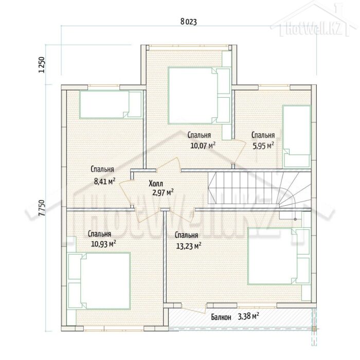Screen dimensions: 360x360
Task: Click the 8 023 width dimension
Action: [189, 22]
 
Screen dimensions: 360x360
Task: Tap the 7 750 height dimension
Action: [42, 208]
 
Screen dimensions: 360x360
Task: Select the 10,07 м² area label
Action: [203, 146]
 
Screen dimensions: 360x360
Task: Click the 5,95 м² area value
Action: [263, 146]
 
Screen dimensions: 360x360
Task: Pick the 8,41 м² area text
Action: [105, 182]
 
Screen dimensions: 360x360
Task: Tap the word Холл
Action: [156, 184]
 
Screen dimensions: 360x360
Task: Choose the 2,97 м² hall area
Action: [163, 192]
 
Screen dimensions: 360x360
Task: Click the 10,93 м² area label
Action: [103, 244]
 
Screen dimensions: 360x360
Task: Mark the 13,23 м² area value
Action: [189, 246]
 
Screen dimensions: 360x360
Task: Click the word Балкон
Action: [221, 317]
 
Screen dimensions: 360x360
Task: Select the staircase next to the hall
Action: [259, 188]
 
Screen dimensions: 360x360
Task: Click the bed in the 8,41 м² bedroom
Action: [111, 105]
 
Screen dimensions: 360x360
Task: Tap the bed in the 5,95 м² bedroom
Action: [296, 136]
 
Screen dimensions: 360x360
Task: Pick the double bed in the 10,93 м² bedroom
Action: [99, 281]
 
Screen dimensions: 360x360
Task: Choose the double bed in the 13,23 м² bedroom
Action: [279, 257]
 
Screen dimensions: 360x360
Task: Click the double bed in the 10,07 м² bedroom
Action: [199, 95]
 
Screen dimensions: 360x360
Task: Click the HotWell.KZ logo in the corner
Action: [313, 20]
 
